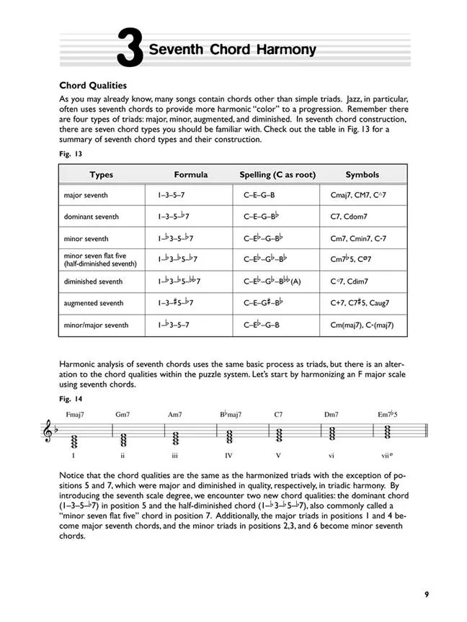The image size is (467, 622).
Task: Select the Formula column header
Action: pos(190,175)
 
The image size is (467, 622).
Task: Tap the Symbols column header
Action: pos(362,175)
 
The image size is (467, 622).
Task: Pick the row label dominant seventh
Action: pos(92,217)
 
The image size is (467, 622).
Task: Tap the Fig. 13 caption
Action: pos(69,153)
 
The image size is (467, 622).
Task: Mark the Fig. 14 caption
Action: pos(69,398)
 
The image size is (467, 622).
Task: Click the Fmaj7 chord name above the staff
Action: pos(75,415)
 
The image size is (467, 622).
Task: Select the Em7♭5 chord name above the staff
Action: pos(389,415)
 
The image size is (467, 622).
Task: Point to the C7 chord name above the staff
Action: pos(279,415)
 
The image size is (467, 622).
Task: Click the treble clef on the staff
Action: pos(50,436)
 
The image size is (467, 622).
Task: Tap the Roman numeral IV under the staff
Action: pos(229,456)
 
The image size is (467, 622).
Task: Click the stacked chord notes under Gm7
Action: pos(123,438)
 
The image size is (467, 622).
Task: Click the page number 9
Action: pos(427,594)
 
